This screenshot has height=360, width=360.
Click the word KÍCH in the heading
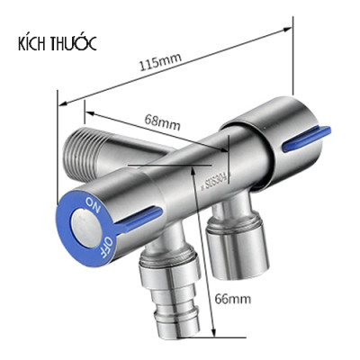point(34,44)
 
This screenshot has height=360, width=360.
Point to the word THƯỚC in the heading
point(75,43)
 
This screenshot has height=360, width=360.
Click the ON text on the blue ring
point(93,198)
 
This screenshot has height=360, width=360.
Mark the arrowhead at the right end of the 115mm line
point(292,93)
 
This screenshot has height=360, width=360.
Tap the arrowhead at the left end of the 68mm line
point(87,111)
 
